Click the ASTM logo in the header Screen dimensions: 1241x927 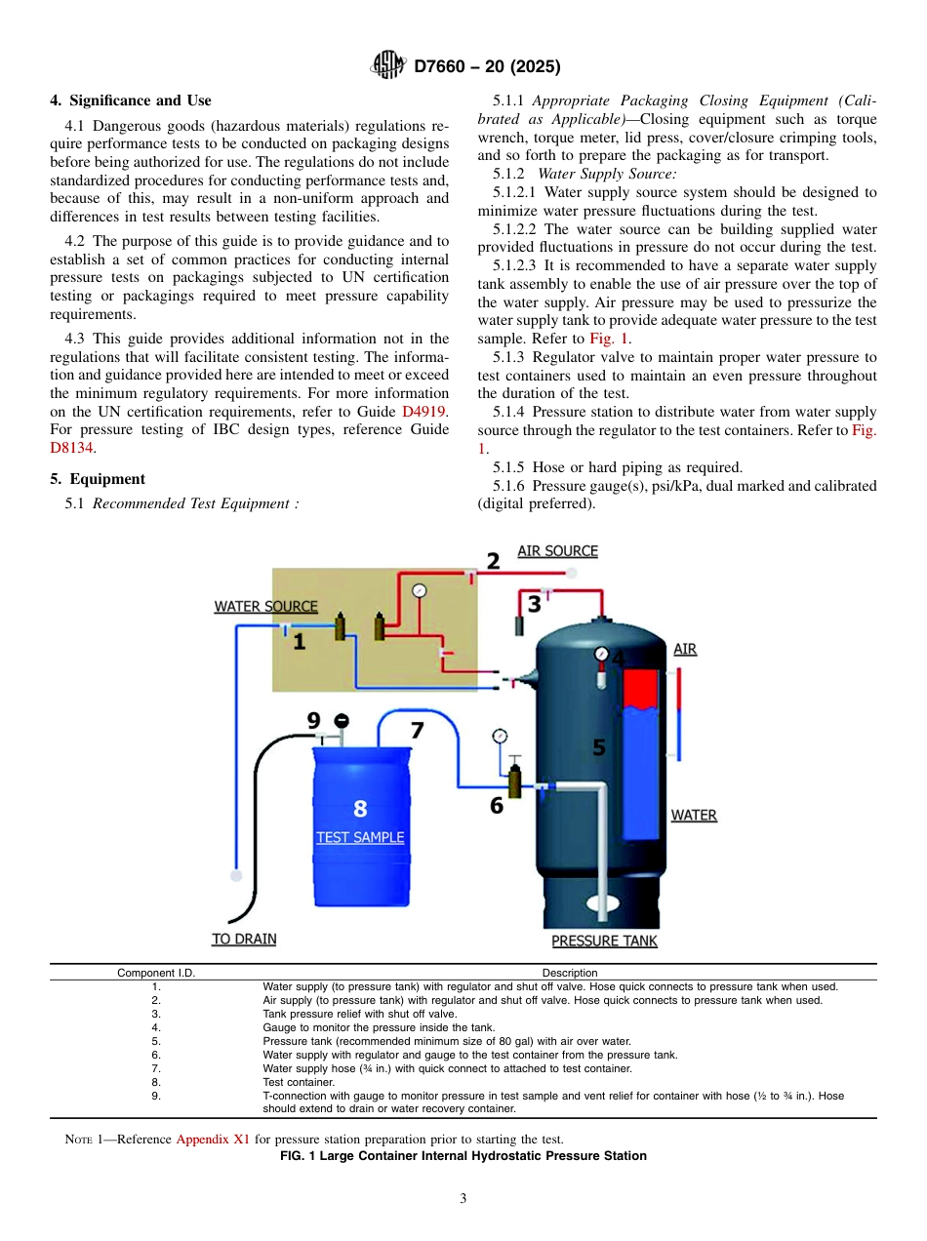tap(388, 66)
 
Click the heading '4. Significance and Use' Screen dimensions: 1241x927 tap(130, 100)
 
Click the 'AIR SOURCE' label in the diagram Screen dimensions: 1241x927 tap(557, 551)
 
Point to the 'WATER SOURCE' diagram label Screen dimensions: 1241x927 tap(265, 606)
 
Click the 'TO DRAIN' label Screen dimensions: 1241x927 tap(244, 939)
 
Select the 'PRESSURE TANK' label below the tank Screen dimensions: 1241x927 tap(604, 941)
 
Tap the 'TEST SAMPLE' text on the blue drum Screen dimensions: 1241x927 tap(360, 837)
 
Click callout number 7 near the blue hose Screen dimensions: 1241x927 tap(417, 730)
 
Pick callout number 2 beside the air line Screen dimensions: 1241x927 tap(493, 561)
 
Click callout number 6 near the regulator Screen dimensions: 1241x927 tap(497, 806)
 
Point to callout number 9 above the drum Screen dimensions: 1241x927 tap(313, 721)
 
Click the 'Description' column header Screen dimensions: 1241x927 tap(570, 973)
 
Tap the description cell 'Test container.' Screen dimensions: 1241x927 tap(285, 1082)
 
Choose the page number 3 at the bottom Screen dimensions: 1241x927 tap(463, 1198)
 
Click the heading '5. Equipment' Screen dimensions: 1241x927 tap(98, 479)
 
